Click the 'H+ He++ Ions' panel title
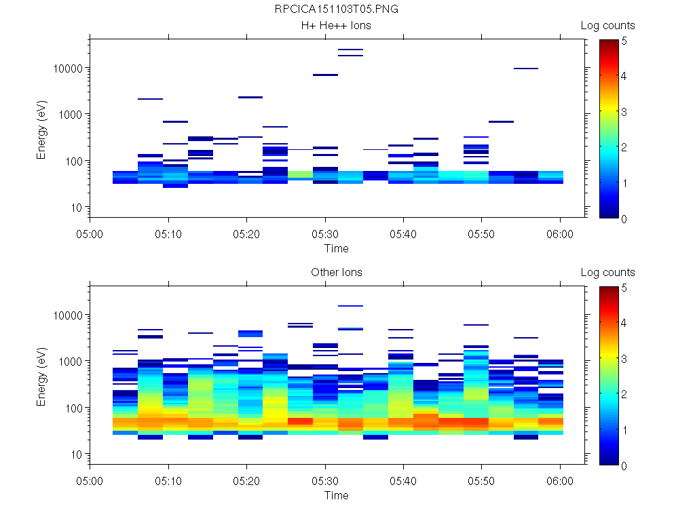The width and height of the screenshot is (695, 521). [337, 26]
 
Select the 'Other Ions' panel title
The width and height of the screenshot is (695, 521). [337, 273]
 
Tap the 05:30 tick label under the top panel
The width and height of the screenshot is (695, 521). [326, 234]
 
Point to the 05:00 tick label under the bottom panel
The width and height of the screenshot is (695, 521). [90, 481]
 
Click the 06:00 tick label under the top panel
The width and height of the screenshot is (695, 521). [560, 234]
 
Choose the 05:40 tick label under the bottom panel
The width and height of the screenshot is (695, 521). [404, 481]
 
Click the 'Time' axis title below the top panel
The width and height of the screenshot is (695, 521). [337, 248]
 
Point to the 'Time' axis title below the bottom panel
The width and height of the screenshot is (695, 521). [337, 495]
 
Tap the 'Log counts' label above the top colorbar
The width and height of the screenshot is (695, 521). [608, 26]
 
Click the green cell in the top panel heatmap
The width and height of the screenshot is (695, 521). [300, 174]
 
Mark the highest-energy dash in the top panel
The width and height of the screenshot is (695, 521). [351, 50]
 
